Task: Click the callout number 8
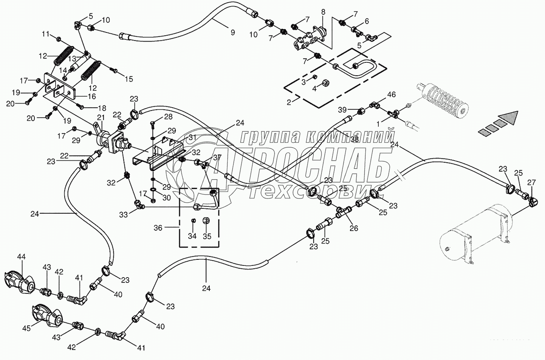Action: click(323, 12)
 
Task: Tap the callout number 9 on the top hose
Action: click(232, 33)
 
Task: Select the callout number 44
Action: click(21, 257)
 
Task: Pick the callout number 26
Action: click(354, 228)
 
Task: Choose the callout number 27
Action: click(531, 182)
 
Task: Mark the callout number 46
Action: click(392, 95)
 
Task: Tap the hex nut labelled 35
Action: click(207, 220)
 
